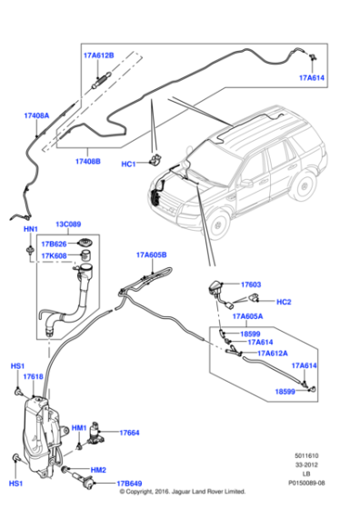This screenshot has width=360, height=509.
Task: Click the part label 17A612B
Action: tap(98, 55)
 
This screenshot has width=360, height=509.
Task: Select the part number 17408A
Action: tap(36, 115)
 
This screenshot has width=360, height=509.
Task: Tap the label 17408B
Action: tap(88, 161)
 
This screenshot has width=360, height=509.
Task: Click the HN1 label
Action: tap(30, 230)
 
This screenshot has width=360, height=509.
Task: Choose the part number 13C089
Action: tap(70, 224)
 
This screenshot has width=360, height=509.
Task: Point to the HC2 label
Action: tap(283, 302)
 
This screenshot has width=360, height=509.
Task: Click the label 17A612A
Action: tap(272, 353)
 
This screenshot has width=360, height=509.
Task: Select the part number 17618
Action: tap(33, 376)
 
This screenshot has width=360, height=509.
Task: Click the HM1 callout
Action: tap(79, 427)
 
